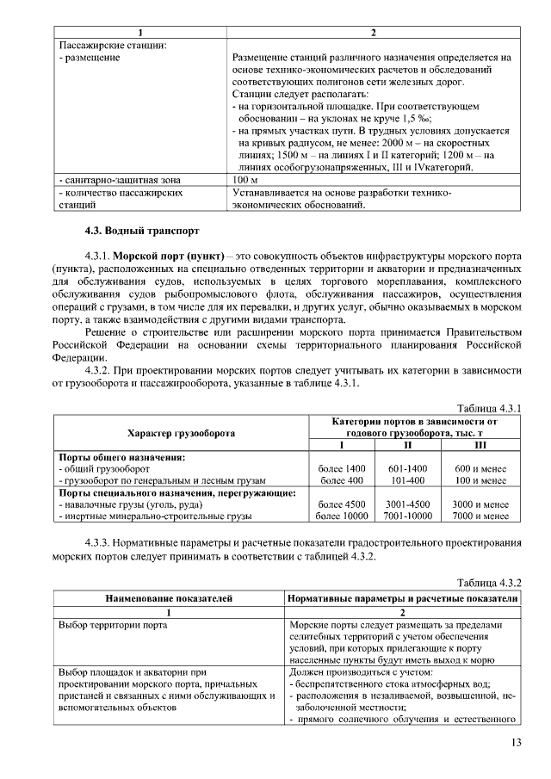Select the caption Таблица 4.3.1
(490, 406)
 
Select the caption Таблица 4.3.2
(490, 581)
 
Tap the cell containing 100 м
(246, 180)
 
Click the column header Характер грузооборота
(180, 433)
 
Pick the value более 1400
(342, 467)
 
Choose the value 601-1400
(408, 467)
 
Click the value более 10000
(342, 516)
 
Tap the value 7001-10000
(408, 516)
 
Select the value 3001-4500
(408, 504)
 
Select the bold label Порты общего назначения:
(115, 455)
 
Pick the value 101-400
(408, 479)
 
